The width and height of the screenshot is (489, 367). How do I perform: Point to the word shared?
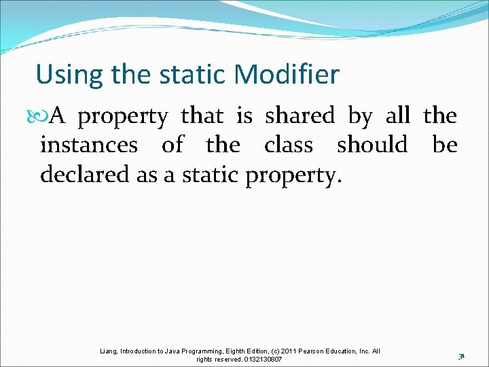pyautogui.click(x=300, y=116)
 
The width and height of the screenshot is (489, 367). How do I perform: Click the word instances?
pyautogui.click(x=89, y=145)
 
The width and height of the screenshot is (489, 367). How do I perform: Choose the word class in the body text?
pyautogui.click(x=289, y=145)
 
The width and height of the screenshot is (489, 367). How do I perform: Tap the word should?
pyautogui.click(x=372, y=145)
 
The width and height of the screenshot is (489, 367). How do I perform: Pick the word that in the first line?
pyautogui.click(x=202, y=116)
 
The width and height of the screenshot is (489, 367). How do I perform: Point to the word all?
pyautogui.click(x=397, y=116)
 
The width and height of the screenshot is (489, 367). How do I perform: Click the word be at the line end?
pyautogui.click(x=445, y=145)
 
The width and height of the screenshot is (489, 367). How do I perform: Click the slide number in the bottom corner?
pyautogui.click(x=460, y=355)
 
